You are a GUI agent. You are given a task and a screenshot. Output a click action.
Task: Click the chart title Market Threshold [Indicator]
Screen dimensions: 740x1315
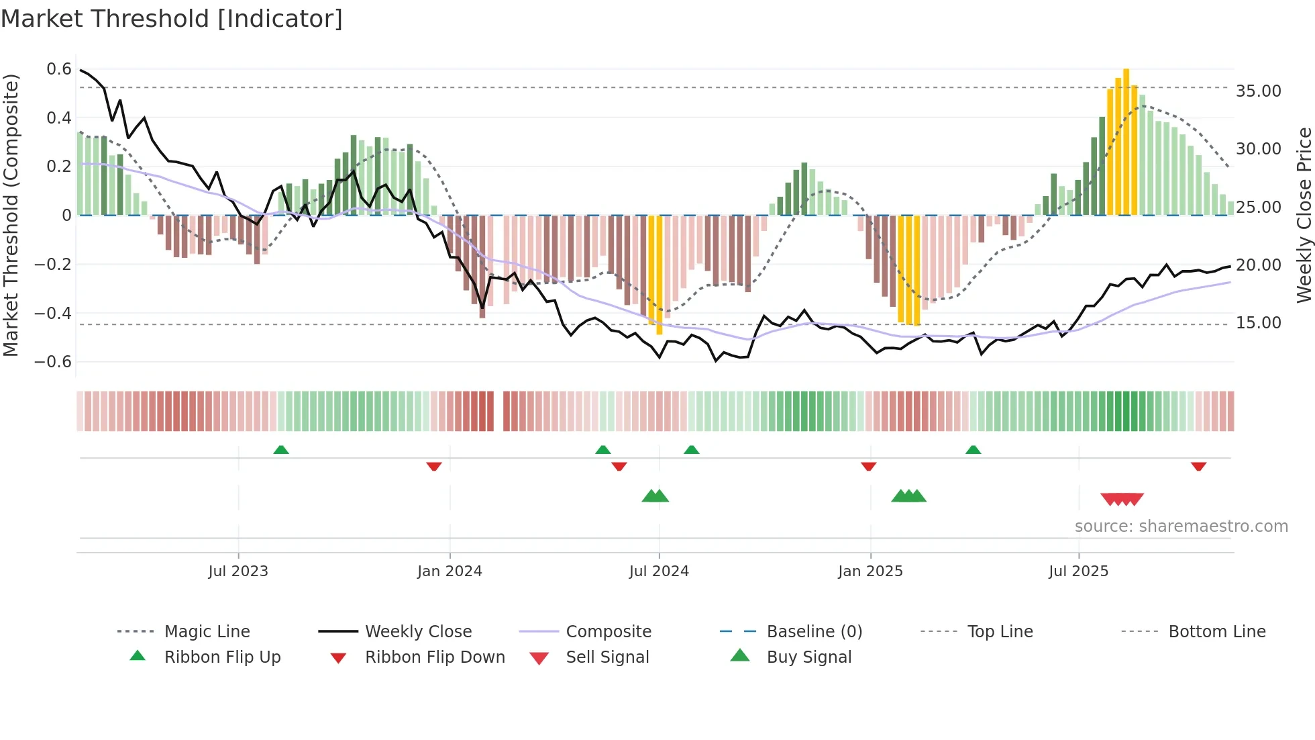pyautogui.click(x=172, y=19)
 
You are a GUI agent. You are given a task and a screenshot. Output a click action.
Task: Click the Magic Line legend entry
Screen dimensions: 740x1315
pyautogui.click(x=207, y=632)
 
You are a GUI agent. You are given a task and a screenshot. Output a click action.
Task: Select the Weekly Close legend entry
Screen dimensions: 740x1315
pyautogui.click(x=418, y=632)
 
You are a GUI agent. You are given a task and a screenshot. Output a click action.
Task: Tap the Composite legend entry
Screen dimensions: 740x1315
pyautogui.click(x=608, y=632)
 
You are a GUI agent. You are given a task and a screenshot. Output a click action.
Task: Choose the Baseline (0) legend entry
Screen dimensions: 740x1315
pyautogui.click(x=814, y=632)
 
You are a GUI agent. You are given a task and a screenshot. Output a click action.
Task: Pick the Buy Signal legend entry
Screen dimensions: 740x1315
pyautogui.click(x=808, y=657)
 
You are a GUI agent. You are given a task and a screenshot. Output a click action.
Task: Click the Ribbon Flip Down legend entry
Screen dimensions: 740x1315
pyautogui.click(x=434, y=657)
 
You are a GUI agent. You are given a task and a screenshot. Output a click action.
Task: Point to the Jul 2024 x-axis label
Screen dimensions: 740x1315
pyautogui.click(x=659, y=571)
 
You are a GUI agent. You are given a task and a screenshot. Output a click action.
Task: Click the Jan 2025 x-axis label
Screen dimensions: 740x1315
pyautogui.click(x=870, y=571)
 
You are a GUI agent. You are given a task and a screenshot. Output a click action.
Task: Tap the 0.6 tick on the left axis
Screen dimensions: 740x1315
pyautogui.click(x=59, y=69)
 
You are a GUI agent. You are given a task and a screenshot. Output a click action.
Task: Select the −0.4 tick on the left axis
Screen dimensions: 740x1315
pyautogui.click(x=53, y=313)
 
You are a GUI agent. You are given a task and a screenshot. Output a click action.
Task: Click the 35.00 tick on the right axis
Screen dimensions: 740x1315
pyautogui.click(x=1258, y=91)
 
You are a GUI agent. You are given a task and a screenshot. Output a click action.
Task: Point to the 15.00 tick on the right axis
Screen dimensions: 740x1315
pyautogui.click(x=1258, y=323)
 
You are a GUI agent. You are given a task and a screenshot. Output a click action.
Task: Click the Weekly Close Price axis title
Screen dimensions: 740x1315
pyautogui.click(x=1304, y=215)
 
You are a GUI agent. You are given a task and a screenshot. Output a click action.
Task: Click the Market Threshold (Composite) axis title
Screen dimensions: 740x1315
pyautogui.click(x=11, y=215)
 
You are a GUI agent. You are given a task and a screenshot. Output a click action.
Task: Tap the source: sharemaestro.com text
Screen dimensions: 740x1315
pyautogui.click(x=1181, y=526)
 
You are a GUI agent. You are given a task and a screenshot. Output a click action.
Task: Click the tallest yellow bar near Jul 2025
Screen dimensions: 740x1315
pyautogui.click(x=1126, y=141)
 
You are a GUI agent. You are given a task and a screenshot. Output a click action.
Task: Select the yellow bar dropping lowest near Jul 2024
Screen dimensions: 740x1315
pyautogui.click(x=660, y=275)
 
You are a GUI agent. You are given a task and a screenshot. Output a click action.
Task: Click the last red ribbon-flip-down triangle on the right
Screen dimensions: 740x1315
pyautogui.click(x=1199, y=466)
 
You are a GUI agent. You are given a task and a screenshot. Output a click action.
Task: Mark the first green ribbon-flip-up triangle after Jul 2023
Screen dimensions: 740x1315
pyautogui.click(x=281, y=450)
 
